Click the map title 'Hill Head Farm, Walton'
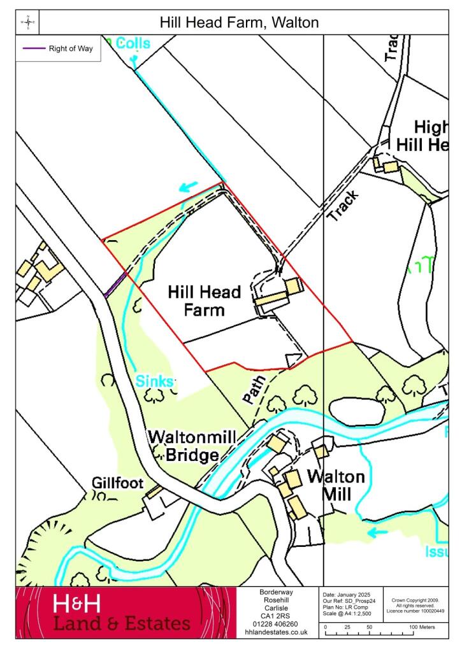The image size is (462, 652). tap(239, 23)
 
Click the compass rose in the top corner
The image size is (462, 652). tap(28, 22)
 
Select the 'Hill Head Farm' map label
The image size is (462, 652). tap(205, 301)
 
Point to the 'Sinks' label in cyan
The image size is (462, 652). tap(155, 381)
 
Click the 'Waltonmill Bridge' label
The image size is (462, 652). tap(192, 446)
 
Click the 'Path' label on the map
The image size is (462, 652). tap(252, 389)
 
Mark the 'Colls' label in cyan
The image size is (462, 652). tap(133, 43)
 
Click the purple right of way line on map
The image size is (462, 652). tap(115, 284)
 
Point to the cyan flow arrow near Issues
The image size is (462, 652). tap(377, 532)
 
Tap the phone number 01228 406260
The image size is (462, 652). tap(277, 624)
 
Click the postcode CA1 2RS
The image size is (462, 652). tap(277, 616)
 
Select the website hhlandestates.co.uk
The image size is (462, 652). tap(277, 632)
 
